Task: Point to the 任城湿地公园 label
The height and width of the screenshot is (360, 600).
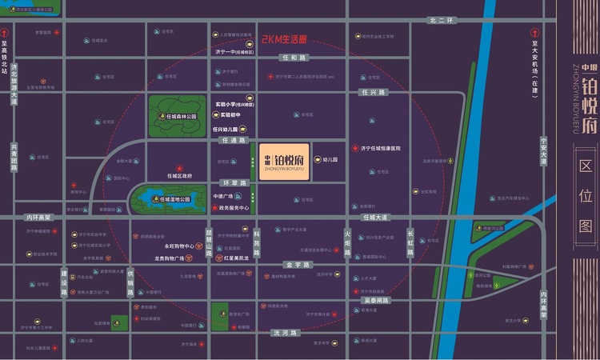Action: (x=174, y=199)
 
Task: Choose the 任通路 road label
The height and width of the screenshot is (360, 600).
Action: (x=232, y=140)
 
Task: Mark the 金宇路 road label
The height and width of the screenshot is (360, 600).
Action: (x=297, y=263)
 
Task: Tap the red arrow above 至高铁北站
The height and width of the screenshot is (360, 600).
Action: (x=6, y=34)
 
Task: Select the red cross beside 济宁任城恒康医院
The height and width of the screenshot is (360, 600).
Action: (x=354, y=149)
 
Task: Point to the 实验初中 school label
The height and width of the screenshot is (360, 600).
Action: (x=233, y=114)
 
